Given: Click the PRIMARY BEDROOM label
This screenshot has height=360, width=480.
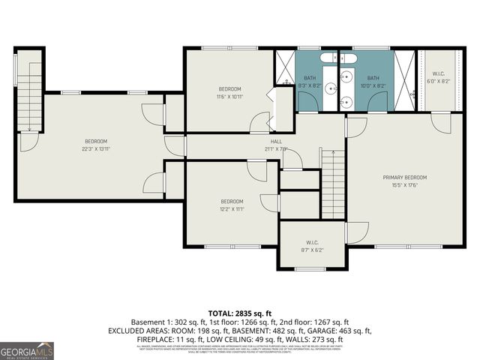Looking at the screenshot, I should (x=404, y=177).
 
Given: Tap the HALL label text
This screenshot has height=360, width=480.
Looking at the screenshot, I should (x=277, y=141).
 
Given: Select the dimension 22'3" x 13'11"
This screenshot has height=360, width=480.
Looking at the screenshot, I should (x=95, y=148).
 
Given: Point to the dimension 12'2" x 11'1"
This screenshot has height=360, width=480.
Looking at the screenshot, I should (x=232, y=208).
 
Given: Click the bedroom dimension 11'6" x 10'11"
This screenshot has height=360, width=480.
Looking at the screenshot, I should (x=230, y=96).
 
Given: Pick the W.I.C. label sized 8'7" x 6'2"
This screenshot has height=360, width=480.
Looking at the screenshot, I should (x=313, y=242).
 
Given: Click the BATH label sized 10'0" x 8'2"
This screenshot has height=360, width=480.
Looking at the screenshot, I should (x=373, y=78).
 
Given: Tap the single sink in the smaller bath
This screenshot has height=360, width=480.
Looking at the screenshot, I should (x=346, y=77).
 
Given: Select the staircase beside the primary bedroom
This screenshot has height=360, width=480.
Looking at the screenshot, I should (x=332, y=184).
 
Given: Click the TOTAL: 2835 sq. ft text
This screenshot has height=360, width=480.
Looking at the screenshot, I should (x=239, y=313).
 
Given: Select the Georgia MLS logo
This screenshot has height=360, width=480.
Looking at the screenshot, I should (x=27, y=350).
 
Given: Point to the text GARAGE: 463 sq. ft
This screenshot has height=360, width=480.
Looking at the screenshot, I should (x=341, y=330).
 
